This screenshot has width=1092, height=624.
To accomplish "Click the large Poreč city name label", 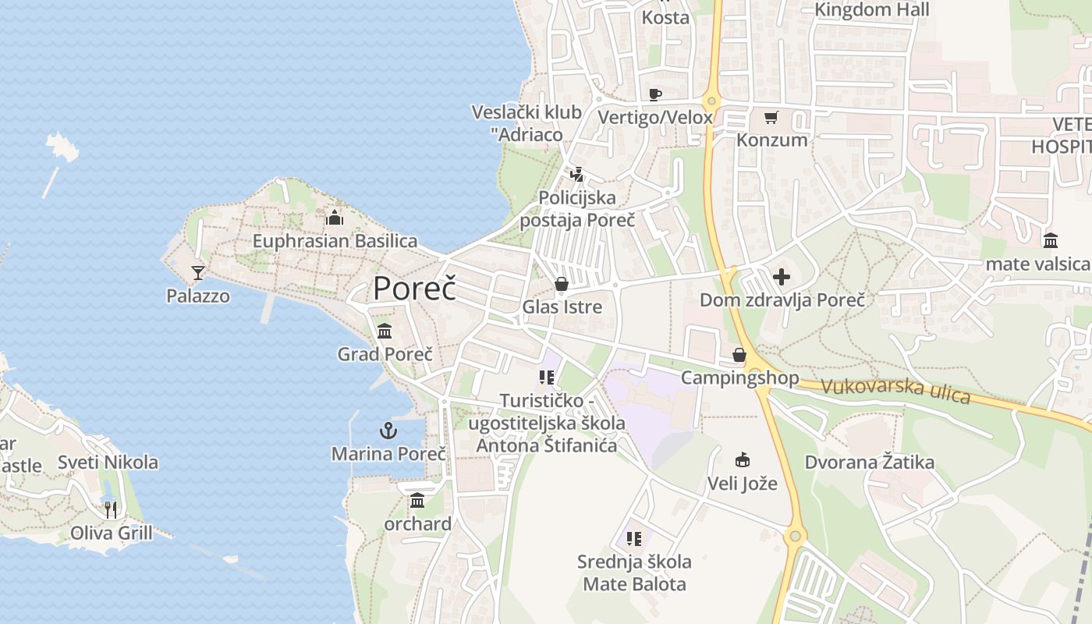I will pos(414,289).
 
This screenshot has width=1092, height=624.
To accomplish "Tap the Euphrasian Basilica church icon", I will pos(335,218).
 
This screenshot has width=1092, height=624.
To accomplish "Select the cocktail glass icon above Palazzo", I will pos(198,272).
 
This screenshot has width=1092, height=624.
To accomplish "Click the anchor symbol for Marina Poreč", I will pos(388,430).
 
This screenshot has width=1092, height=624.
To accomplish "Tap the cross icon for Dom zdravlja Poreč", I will pos(781,277).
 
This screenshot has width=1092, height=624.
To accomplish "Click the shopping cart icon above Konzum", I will pos(771,118).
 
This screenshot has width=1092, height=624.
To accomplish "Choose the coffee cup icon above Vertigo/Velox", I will pos(655,95).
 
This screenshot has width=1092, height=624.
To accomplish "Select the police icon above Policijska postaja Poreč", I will pos(577,175).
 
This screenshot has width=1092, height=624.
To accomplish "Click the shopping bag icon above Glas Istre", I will pos(562,284).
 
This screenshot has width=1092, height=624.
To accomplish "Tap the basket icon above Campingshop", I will pos(739,356).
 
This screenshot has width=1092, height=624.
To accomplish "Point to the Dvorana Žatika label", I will pos(870,463).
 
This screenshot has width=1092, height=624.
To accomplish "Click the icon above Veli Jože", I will pos(742,460).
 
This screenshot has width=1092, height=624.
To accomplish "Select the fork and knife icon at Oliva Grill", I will pos(111,510).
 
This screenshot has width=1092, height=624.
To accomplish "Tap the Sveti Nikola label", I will pos(108,463).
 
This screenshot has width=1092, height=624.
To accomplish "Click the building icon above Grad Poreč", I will pos(385,331).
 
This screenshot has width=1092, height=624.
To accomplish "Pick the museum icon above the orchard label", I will pos(417,500).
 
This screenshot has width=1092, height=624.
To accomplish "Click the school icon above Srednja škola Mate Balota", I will pos(634,538).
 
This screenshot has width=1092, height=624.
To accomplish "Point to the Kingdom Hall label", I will pos(872,10).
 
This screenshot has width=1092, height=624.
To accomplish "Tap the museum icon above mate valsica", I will pos(1050,240).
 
